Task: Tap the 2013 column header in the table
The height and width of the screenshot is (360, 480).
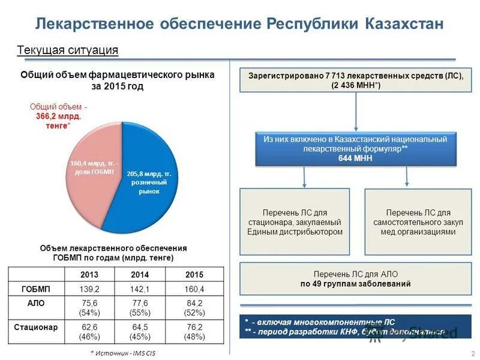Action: point(89,274)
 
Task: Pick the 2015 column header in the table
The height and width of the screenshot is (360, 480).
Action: point(194,274)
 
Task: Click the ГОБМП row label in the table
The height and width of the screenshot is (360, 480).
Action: point(36,289)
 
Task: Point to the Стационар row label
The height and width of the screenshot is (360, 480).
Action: point(36,328)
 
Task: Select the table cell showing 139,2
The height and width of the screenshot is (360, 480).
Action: point(89,289)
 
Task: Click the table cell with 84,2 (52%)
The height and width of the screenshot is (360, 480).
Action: point(194,308)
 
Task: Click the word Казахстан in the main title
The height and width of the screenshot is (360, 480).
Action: point(403,24)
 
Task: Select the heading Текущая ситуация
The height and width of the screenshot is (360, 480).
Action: point(67,50)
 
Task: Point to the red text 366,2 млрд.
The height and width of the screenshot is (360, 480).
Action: point(58,116)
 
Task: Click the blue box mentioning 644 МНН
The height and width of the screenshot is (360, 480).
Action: point(355,149)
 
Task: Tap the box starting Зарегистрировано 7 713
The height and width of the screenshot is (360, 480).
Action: point(356,80)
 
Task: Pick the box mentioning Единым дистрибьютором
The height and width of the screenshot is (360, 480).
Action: point(295,223)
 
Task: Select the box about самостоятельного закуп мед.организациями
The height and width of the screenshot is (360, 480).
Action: point(418,223)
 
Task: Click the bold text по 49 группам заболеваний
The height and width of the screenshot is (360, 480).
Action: point(356,284)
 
